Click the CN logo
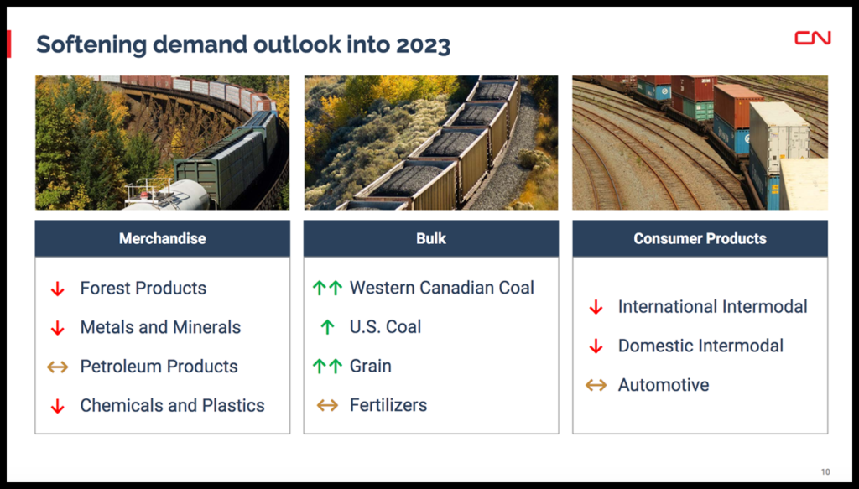coord(813,38)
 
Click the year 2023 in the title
coord(423,45)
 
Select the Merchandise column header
coord(163,239)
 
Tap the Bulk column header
coord(431,239)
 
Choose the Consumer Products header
coord(700,239)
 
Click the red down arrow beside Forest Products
coord(58,289)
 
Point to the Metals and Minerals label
coord(160,327)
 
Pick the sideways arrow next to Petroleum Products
coord(58,367)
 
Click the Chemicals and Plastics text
coord(173,405)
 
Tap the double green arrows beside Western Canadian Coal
coord(327,288)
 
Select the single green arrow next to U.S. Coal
coord(327,327)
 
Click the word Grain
coord(371,366)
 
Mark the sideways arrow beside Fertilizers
coord(327,405)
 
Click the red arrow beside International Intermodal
coord(596,307)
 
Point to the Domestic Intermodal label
coord(700,346)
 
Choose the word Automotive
coord(664,385)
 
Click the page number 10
coord(825,471)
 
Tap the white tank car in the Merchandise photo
coord(167,195)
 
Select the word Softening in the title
coord(91,45)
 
